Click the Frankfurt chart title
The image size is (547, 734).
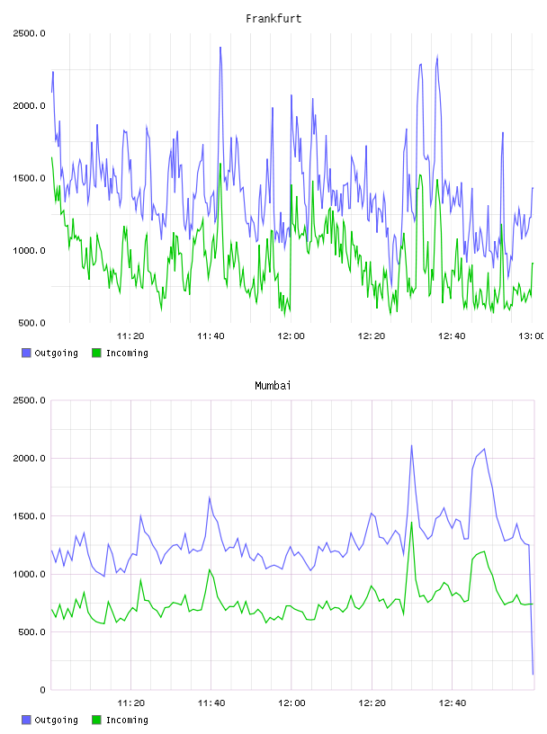tap(273, 19)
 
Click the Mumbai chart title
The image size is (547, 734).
tap(273, 386)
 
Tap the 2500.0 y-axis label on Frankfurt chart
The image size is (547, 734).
tap(29, 33)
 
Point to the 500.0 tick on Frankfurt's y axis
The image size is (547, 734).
tap(31, 323)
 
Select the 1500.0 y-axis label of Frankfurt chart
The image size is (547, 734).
tap(29, 178)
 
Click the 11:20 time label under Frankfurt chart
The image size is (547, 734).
tap(130, 336)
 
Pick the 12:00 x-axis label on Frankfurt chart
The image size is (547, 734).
tap(291, 336)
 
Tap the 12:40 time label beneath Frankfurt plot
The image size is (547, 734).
tap(452, 336)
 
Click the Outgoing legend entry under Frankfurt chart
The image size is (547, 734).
tap(49, 353)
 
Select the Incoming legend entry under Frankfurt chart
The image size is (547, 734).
tap(120, 353)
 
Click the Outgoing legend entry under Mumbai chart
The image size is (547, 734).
tap(49, 720)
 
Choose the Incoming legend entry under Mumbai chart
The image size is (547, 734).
tap(120, 720)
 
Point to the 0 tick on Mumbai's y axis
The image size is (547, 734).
tap(42, 690)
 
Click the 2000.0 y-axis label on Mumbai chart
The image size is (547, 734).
tap(29, 458)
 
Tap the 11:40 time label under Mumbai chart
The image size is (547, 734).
tap(211, 703)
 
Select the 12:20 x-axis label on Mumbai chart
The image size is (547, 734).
tap(372, 703)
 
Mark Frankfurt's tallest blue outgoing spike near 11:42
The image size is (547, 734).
tap(220, 48)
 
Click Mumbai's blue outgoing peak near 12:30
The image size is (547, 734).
tap(412, 445)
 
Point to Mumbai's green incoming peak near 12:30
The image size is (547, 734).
tap(412, 523)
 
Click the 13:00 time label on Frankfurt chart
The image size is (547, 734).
tap(531, 336)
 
